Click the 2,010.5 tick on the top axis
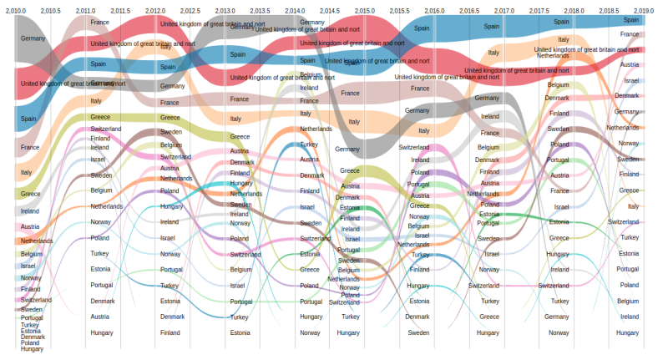click(50, 10)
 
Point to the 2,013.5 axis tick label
click(260, 10)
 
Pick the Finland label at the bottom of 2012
click(170, 332)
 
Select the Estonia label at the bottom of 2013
click(240, 332)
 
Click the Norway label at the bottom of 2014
click(310, 332)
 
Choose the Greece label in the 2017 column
click(489, 317)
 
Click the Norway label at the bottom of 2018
click(559, 332)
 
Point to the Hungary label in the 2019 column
click(629, 332)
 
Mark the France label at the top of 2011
click(99, 22)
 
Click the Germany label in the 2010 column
click(33, 38)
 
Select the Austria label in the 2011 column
click(100, 317)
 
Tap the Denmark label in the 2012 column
click(172, 317)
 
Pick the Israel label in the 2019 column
click(630, 81)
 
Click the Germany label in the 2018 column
click(557, 317)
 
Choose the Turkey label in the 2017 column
click(489, 301)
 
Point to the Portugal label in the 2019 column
click(628, 269)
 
